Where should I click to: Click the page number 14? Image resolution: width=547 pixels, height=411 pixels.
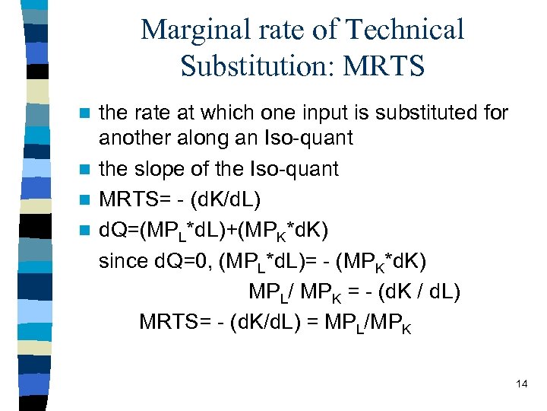pos(521,384)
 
